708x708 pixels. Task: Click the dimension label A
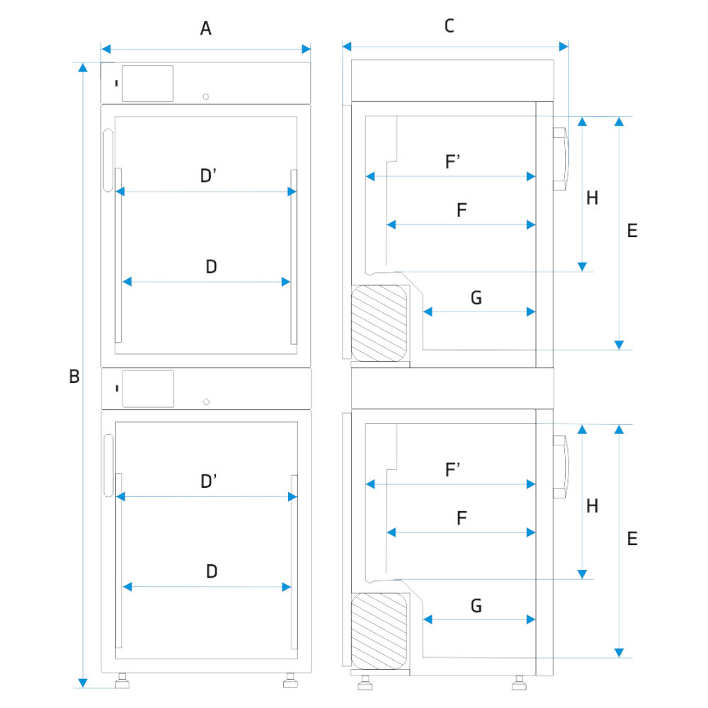[x=206, y=28]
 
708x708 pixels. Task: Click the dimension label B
[x=74, y=377]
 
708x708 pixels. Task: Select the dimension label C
[x=449, y=27]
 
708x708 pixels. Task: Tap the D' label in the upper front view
[x=208, y=176]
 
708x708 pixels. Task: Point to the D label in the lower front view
[x=211, y=571]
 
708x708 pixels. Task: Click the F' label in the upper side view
[x=453, y=162]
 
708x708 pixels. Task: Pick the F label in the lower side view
[x=462, y=518]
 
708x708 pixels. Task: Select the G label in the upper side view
[x=476, y=298]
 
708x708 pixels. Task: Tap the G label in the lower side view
[x=476, y=606]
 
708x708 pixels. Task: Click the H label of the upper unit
[x=592, y=198]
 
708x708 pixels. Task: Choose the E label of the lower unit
[x=632, y=539]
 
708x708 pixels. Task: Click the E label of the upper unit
[x=632, y=231]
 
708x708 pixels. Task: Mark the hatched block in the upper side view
[x=380, y=323]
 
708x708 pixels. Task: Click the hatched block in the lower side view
[x=380, y=630]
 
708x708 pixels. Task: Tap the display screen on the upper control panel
[x=147, y=84]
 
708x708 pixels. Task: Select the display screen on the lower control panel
[x=147, y=389]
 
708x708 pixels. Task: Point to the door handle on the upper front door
[x=108, y=161]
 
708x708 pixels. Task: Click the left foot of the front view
[x=122, y=682]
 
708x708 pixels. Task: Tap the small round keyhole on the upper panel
[x=206, y=96]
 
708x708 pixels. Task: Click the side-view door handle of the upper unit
[x=560, y=159]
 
